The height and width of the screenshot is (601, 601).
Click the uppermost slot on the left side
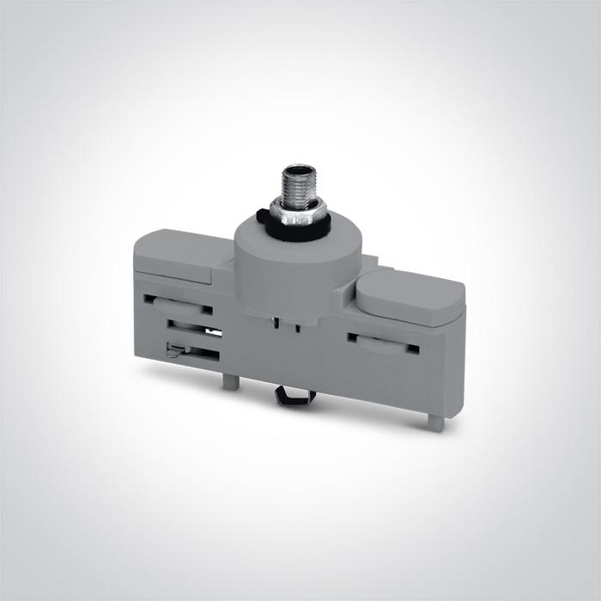point(177,302)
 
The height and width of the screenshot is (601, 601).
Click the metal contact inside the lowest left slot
point(173,349)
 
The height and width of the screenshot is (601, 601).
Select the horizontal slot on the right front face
point(382,342)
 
